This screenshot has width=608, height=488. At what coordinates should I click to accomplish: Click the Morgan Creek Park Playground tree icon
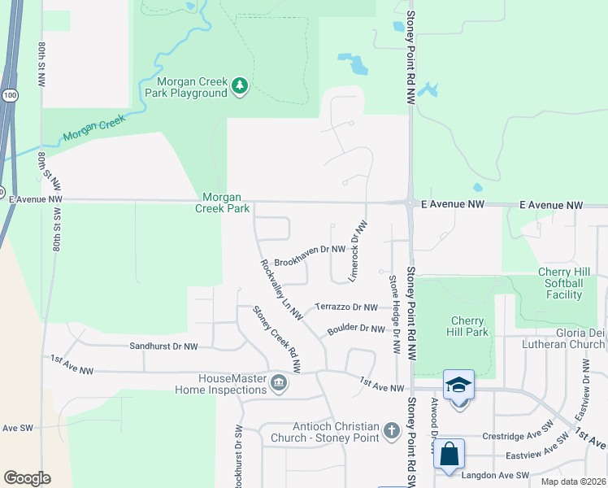(x=239, y=85)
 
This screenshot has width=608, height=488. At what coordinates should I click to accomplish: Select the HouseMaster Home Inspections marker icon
(x=279, y=382)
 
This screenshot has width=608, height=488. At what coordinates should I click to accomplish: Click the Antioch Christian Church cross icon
(x=392, y=429)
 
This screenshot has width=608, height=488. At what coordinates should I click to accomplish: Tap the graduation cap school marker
(x=458, y=386)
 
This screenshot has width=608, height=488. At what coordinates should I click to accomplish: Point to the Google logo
(x=27, y=477)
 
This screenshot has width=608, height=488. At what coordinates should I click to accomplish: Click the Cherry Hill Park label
(x=467, y=326)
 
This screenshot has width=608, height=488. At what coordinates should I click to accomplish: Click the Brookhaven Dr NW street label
(x=311, y=255)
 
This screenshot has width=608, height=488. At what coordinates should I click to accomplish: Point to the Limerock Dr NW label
(x=358, y=253)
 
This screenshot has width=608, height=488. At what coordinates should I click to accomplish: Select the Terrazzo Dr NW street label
(x=347, y=307)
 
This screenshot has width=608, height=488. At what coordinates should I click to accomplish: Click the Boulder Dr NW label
(x=355, y=329)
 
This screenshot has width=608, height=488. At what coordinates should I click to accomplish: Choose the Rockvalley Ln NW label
(x=281, y=288)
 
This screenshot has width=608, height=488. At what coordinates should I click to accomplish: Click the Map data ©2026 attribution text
(x=572, y=481)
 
